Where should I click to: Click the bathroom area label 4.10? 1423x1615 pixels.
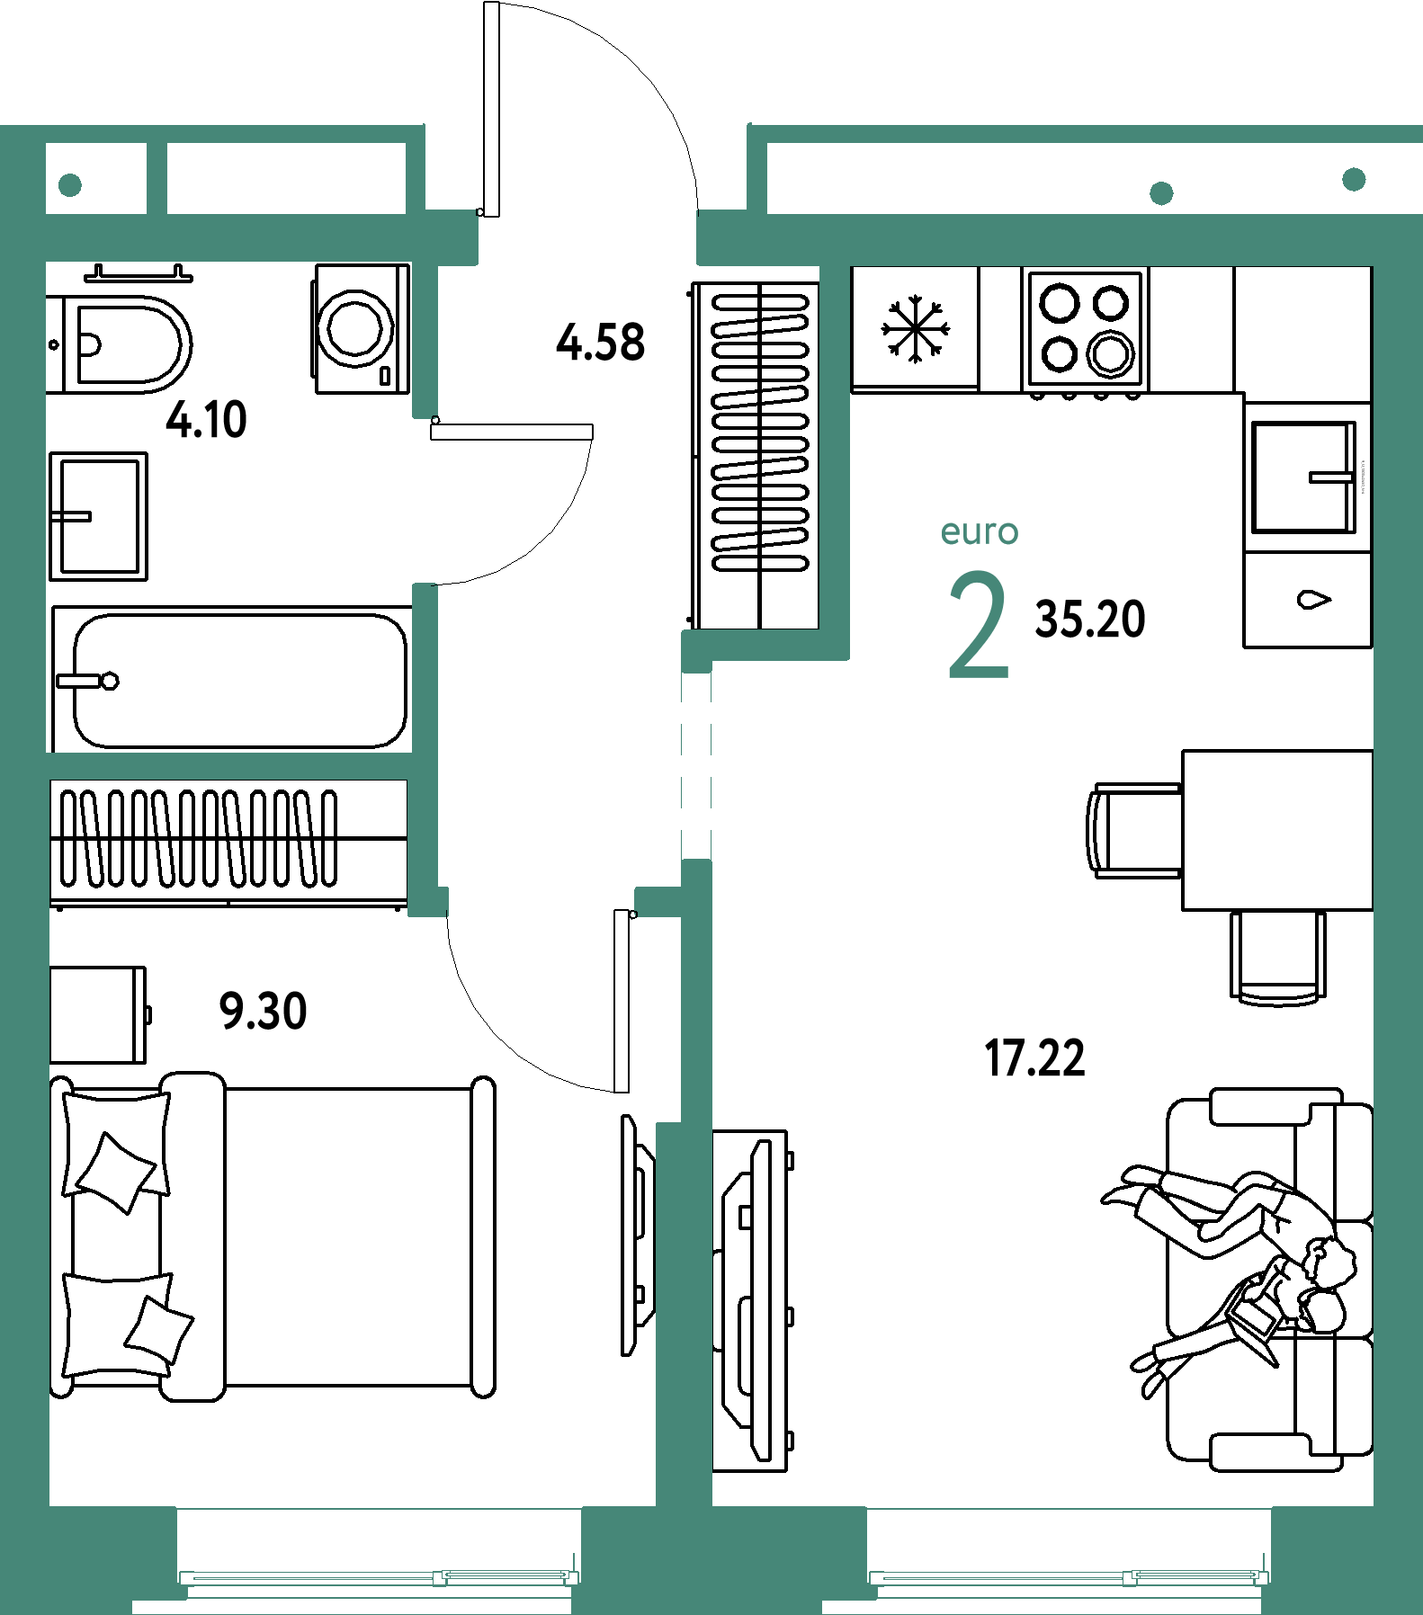(x=206, y=420)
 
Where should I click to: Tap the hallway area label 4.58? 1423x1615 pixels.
(x=600, y=343)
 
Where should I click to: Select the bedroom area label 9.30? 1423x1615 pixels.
(x=263, y=1011)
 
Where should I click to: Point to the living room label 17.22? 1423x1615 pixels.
(x=1034, y=1057)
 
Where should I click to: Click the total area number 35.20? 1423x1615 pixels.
(x=1090, y=620)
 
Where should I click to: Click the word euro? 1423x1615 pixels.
(x=979, y=532)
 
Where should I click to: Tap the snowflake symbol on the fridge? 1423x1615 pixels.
(x=915, y=329)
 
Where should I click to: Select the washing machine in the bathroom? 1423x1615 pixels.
(x=361, y=329)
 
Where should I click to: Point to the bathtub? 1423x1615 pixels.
(x=232, y=680)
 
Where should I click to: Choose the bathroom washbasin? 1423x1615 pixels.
(x=98, y=516)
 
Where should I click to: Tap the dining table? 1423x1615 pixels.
(x=1277, y=830)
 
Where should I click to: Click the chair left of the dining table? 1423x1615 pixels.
(x=1134, y=830)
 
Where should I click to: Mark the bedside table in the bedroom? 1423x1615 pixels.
(x=99, y=1015)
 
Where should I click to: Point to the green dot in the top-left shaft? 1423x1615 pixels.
(x=70, y=185)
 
